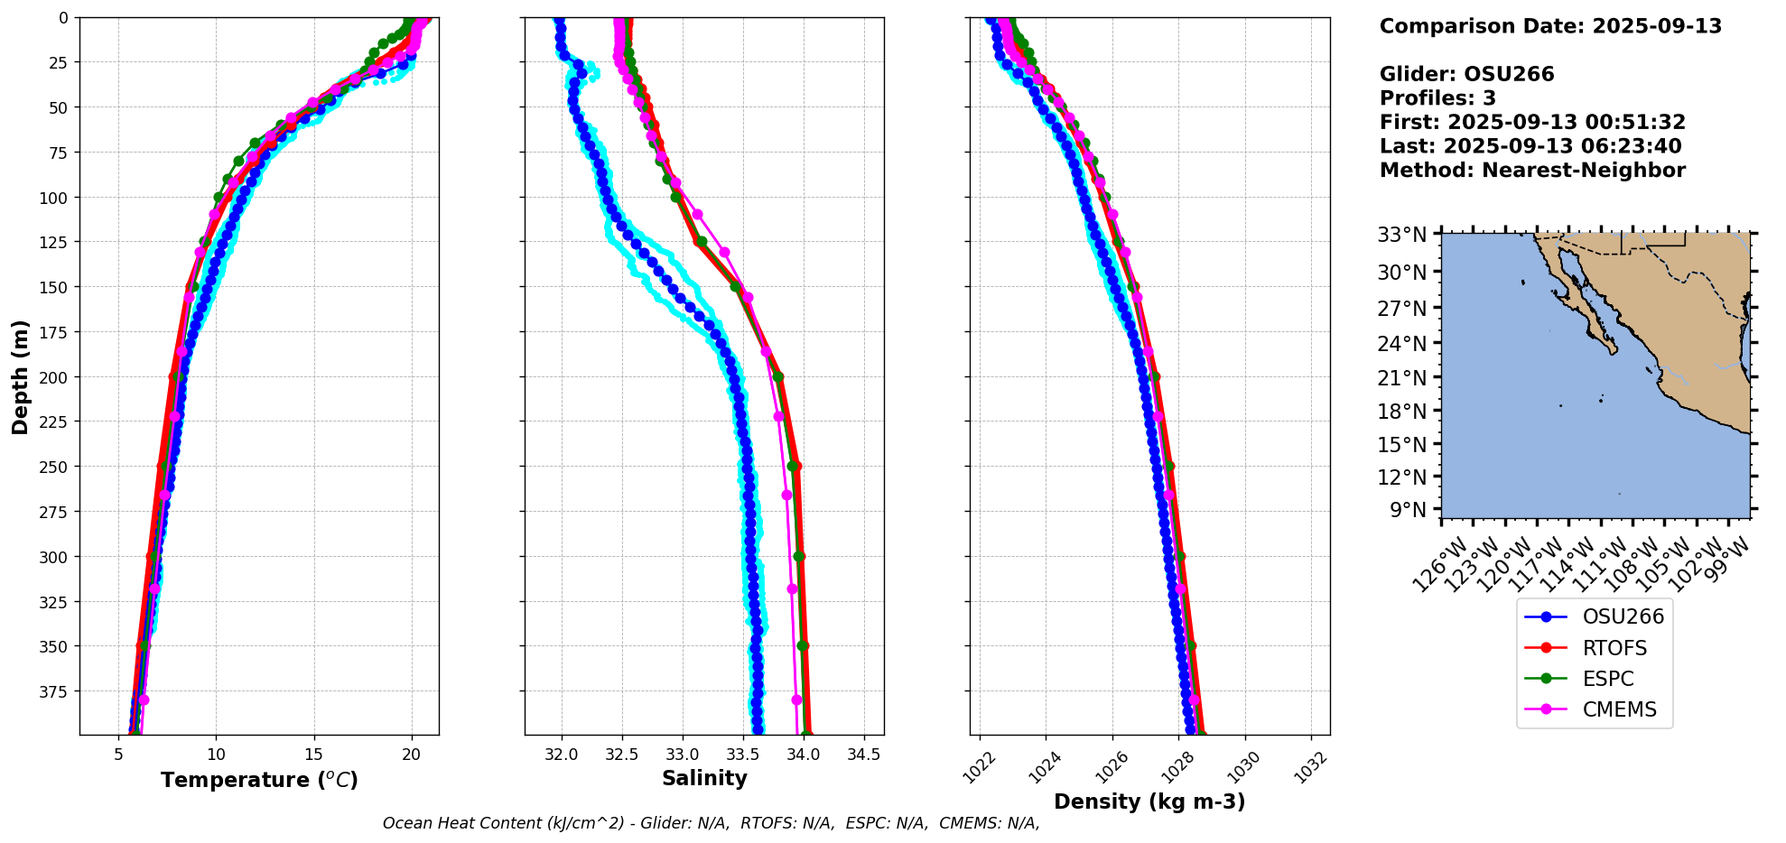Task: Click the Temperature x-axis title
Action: click(x=259, y=780)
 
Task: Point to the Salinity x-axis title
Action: click(x=704, y=779)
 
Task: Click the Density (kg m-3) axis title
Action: click(x=1149, y=801)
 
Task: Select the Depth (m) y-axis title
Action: click(x=20, y=376)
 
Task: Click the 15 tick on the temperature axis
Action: click(x=313, y=755)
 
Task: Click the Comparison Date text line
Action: click(x=1550, y=26)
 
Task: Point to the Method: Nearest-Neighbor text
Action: click(x=1532, y=171)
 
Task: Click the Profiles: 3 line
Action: click(x=1437, y=98)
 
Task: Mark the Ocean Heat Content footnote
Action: click(x=711, y=823)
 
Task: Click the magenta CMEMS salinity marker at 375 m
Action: click(x=796, y=699)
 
